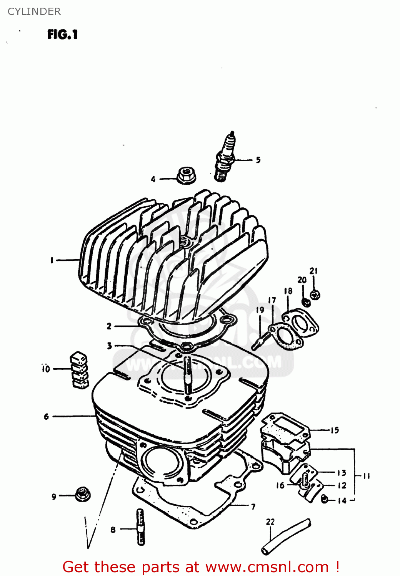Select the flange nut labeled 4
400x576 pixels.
[x=187, y=175]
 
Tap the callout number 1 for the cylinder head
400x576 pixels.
[x=52, y=260]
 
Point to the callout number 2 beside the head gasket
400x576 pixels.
[x=109, y=326]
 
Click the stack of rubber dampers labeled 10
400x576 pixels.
[x=79, y=369]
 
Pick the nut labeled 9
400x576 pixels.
[x=82, y=494]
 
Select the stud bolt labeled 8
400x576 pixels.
[x=141, y=527]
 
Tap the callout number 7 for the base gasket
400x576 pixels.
[x=253, y=507]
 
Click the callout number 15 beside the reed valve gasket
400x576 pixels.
[x=335, y=430]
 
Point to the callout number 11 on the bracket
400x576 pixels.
[x=366, y=476]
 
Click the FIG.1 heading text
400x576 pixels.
[x=62, y=35]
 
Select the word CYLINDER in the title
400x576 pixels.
[x=34, y=12]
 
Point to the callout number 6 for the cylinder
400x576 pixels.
[x=46, y=417]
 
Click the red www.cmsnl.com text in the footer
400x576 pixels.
[x=267, y=567]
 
